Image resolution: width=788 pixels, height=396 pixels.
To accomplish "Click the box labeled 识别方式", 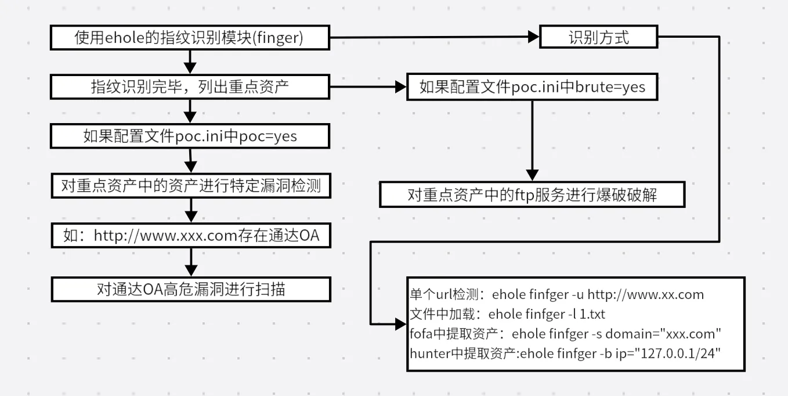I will [x=599, y=38].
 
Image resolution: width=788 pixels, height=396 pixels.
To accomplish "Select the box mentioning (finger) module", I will [x=190, y=38].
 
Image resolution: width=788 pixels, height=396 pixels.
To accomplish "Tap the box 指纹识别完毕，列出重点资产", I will [x=190, y=87].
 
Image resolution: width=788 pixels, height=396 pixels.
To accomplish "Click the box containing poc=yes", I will [x=190, y=136].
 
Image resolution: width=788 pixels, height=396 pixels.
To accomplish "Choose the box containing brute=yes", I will [x=532, y=87].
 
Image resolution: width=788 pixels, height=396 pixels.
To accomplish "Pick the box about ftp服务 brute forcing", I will [x=532, y=195].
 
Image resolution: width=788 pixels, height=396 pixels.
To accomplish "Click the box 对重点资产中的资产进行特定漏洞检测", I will [x=190, y=186].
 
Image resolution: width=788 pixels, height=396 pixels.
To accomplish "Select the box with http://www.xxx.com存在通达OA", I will [x=190, y=236].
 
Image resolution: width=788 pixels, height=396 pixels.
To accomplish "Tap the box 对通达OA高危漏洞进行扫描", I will [x=190, y=289].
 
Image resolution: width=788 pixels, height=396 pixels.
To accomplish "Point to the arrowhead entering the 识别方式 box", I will [x=533, y=38].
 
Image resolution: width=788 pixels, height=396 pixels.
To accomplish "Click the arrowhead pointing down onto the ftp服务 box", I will [x=532, y=175].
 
